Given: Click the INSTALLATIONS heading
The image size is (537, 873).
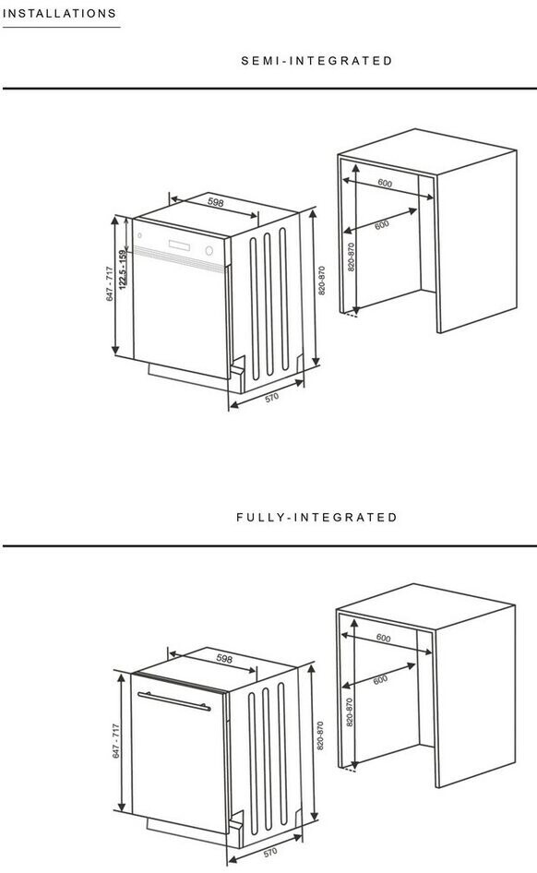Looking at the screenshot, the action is point(59,13).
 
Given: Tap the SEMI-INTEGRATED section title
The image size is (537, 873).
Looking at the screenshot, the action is point(316,61).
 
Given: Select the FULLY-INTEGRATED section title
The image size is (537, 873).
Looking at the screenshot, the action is point(316,517).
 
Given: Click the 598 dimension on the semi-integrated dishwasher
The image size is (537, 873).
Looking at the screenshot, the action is point(215,201).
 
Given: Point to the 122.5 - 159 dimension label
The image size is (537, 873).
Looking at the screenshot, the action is point(123,269).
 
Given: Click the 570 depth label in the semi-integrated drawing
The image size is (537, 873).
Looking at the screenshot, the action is point(271,398).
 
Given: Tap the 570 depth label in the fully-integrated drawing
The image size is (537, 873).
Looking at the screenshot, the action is point(270,853).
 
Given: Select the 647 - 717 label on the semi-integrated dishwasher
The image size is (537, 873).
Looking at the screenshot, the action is point(110,284).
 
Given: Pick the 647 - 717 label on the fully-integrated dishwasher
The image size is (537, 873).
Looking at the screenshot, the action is point(116,740).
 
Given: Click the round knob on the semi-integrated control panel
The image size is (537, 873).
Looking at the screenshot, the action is point(209,251).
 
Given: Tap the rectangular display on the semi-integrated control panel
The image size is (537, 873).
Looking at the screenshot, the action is point(179,245).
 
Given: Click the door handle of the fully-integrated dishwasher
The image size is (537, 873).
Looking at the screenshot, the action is point(174,701).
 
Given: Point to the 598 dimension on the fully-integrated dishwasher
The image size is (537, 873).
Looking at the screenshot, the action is point(223,659).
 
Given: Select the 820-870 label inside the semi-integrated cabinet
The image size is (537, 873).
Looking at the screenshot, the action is point(352,257).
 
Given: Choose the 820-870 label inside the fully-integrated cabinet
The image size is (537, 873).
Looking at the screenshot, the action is point(350,712).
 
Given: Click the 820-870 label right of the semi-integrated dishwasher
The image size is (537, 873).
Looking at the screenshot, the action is point(321,281).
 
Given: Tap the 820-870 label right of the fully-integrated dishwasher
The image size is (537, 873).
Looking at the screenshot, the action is point(320,735).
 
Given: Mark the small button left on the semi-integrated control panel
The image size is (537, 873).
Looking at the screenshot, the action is point(139,235).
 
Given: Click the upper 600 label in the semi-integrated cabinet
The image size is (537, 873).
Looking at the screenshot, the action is point(385,183).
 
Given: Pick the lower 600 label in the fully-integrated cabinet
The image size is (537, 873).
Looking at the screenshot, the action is point(380,680).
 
